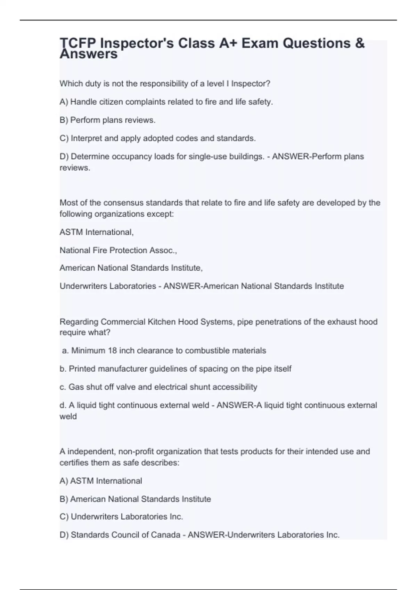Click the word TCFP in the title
[78, 43]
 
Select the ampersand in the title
[360, 43]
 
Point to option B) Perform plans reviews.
[107, 120]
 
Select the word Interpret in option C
[87, 138]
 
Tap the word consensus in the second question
[126, 203]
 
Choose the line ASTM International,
[97, 232]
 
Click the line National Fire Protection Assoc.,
[118, 250]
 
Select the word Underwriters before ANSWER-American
[84, 286]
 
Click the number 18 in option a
[112, 351]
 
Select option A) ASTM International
[101, 481]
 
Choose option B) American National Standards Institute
[135, 499]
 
